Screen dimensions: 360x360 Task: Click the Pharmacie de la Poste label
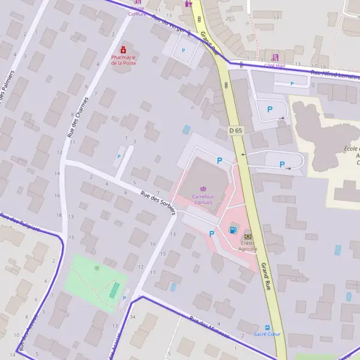pos(124,59)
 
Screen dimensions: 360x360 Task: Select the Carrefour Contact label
pos(203,199)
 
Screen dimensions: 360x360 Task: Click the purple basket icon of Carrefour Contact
pos(203,189)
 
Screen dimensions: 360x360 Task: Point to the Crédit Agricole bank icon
pos(247,238)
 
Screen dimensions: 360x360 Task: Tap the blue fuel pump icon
pos(233,229)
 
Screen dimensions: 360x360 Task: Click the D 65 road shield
pos(235,130)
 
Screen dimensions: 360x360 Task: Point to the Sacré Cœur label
pos(267,334)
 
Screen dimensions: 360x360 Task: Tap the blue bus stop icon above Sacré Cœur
pos(268,327)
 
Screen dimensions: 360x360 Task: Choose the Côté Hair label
pos(275,65)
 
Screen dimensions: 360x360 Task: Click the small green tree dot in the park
pos(97,268)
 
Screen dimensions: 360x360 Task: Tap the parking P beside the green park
pos(124,298)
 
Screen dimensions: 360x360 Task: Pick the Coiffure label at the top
pos(137,13)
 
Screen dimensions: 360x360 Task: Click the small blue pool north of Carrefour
pos(187,129)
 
